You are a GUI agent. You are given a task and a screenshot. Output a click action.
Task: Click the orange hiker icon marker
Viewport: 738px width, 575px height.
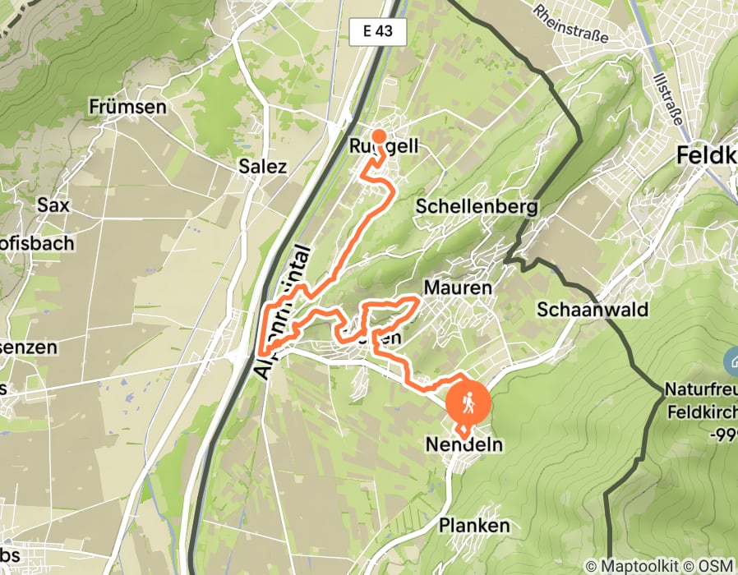pyautogui.click(x=468, y=402)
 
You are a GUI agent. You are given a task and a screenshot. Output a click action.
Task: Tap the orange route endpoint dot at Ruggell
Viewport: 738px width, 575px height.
pyautogui.click(x=379, y=136)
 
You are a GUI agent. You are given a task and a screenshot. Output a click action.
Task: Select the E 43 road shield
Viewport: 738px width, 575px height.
pyautogui.click(x=377, y=31)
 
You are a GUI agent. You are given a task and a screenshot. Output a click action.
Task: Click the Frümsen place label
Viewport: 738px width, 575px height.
pyautogui.click(x=127, y=107)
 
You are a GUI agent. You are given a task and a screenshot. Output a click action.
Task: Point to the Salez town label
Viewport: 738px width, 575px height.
pyautogui.click(x=262, y=167)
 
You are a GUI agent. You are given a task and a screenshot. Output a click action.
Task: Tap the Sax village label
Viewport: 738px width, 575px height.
pyautogui.click(x=53, y=205)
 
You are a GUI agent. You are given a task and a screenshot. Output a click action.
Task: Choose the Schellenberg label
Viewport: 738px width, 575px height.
pyautogui.click(x=477, y=206)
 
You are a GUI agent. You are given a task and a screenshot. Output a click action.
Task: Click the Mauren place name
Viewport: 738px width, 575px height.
pyautogui.click(x=457, y=287)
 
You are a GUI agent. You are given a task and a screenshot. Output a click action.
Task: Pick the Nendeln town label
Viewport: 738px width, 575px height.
pyautogui.click(x=464, y=445)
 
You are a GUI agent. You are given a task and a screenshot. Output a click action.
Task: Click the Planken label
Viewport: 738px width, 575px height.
pyautogui.click(x=474, y=525)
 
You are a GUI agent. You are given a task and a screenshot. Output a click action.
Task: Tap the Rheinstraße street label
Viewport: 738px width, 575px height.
pyautogui.click(x=570, y=25)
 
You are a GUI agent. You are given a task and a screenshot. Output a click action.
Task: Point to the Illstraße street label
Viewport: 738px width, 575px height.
pyautogui.click(x=673, y=97)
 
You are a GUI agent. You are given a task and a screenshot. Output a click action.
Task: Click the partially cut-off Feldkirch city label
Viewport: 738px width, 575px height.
pyautogui.click(x=706, y=154)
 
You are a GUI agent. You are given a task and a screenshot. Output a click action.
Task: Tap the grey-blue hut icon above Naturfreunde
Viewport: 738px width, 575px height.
pyautogui.click(x=731, y=360)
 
